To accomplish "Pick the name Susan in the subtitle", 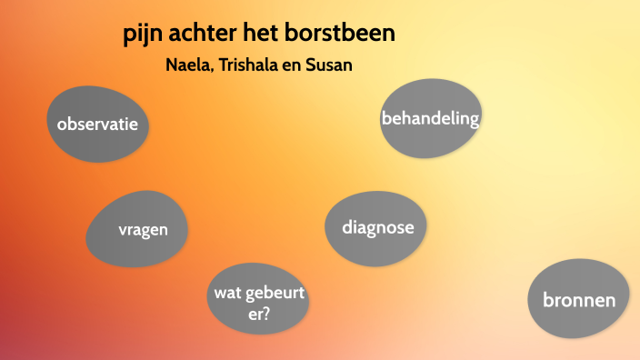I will point(329,65).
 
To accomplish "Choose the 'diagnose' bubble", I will point(375,229).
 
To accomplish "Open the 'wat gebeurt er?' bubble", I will point(258,301).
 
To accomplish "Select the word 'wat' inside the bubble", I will point(225,293).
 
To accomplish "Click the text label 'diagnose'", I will point(377,227).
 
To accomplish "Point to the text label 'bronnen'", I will point(579,300).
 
